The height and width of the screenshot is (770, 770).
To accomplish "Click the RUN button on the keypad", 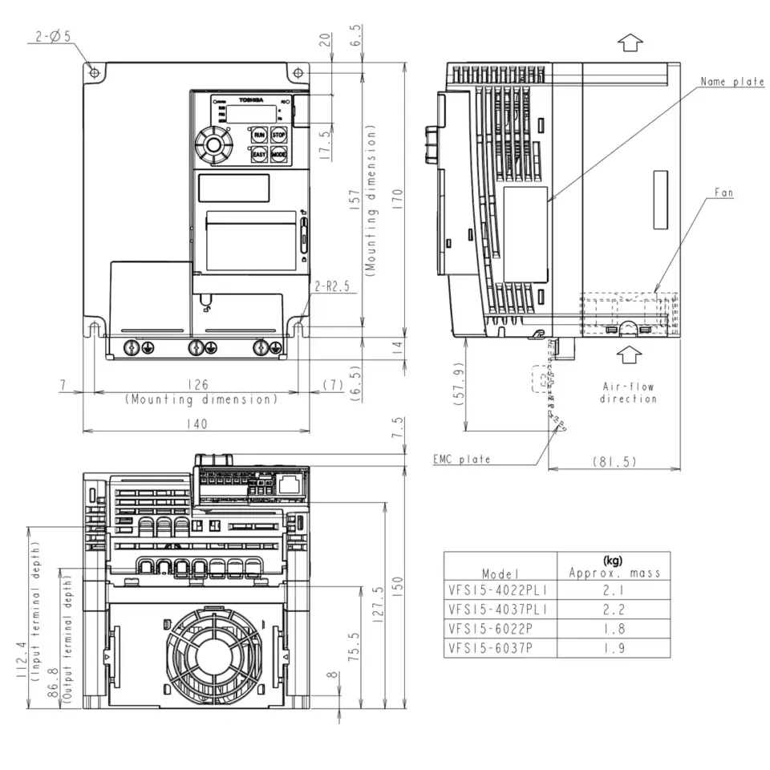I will pyautogui.click(x=259, y=135).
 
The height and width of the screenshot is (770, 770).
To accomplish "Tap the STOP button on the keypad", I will pyautogui.click(x=278, y=135).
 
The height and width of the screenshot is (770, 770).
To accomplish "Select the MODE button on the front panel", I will pyautogui.click(x=278, y=155).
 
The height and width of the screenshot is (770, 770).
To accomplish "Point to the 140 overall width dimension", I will pyautogui.click(x=197, y=423).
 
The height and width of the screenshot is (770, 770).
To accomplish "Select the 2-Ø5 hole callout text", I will pyautogui.click(x=53, y=35).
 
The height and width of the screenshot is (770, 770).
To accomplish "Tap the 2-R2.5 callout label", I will pyautogui.click(x=331, y=285).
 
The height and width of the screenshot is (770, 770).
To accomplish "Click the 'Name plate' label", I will pyautogui.click(x=731, y=82).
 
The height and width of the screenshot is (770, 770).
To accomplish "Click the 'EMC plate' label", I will pyautogui.click(x=461, y=460).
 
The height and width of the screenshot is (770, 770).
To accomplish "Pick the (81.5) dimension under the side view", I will pyautogui.click(x=614, y=462).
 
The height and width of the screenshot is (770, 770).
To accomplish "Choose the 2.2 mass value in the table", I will pyautogui.click(x=614, y=609).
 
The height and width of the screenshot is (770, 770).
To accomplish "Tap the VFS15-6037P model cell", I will pyautogui.click(x=490, y=649).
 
